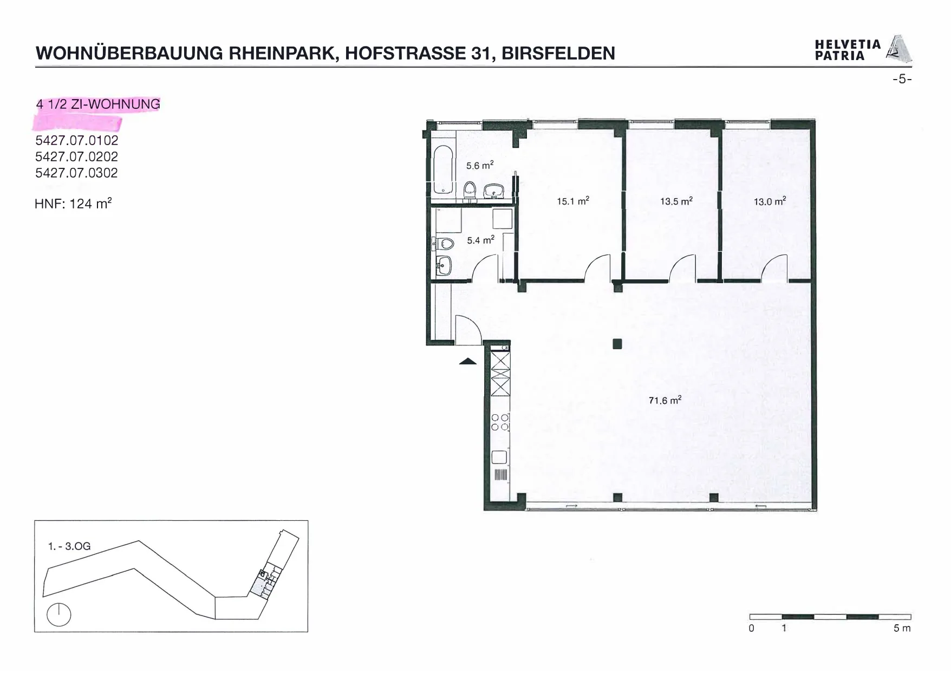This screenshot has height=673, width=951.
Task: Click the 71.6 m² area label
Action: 665,400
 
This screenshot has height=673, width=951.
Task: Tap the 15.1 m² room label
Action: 573,201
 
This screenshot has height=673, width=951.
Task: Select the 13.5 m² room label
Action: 676,201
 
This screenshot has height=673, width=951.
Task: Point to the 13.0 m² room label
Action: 770,201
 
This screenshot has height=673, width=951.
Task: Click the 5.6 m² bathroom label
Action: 480,165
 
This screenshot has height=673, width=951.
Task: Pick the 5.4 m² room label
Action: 480,239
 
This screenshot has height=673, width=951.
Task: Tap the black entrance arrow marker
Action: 468,361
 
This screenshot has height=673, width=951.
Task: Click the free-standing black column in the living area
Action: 617,343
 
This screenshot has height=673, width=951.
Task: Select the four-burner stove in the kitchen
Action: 500,422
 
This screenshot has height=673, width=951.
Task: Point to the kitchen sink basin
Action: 499,458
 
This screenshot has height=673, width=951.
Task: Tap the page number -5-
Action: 902,79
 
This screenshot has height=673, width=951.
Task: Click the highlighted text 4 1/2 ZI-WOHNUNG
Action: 98,104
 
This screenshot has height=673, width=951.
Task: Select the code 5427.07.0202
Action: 76,156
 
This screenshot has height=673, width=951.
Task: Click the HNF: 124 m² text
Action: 73,204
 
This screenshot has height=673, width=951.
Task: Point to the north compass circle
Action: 59,615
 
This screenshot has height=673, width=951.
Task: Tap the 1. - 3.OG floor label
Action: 69,546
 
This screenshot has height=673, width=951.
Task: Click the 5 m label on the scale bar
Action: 902,628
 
